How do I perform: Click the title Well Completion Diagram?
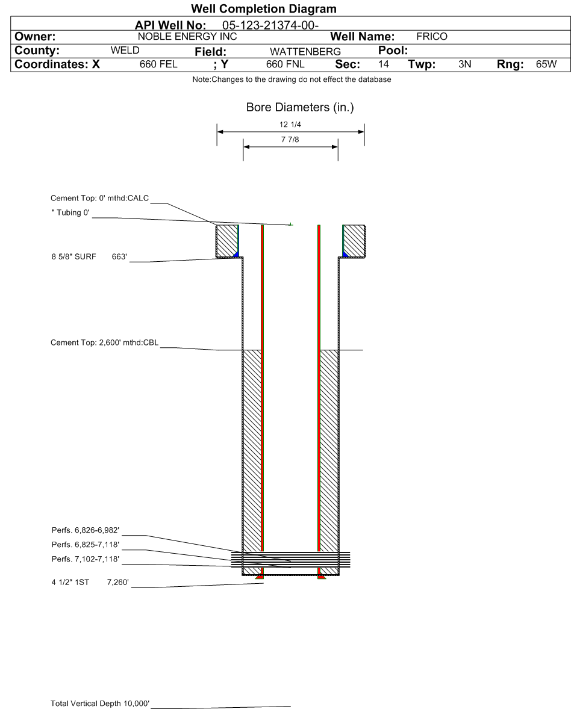click(x=263, y=9)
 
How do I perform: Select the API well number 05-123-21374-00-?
click(x=270, y=25)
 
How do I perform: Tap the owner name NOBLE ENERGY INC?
click(x=187, y=37)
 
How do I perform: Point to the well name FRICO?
click(x=432, y=37)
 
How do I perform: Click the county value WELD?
click(x=125, y=50)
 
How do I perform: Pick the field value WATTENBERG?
click(x=305, y=52)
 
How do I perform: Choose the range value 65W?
click(x=546, y=64)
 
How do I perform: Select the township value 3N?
click(x=464, y=64)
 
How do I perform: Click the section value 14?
click(x=383, y=64)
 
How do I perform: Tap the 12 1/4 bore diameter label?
click(x=290, y=125)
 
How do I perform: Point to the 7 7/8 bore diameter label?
click(x=290, y=140)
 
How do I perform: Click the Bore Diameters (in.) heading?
click(x=300, y=108)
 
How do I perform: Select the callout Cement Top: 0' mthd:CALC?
click(x=99, y=198)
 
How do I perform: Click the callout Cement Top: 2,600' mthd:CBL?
click(x=105, y=342)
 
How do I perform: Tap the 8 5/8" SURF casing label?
click(x=73, y=257)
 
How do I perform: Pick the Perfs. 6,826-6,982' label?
click(x=86, y=530)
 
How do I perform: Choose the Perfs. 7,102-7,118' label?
click(x=86, y=559)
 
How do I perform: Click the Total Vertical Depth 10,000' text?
click(x=100, y=704)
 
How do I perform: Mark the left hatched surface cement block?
click(x=226, y=241)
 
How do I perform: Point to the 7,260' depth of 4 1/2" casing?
click(x=118, y=583)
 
